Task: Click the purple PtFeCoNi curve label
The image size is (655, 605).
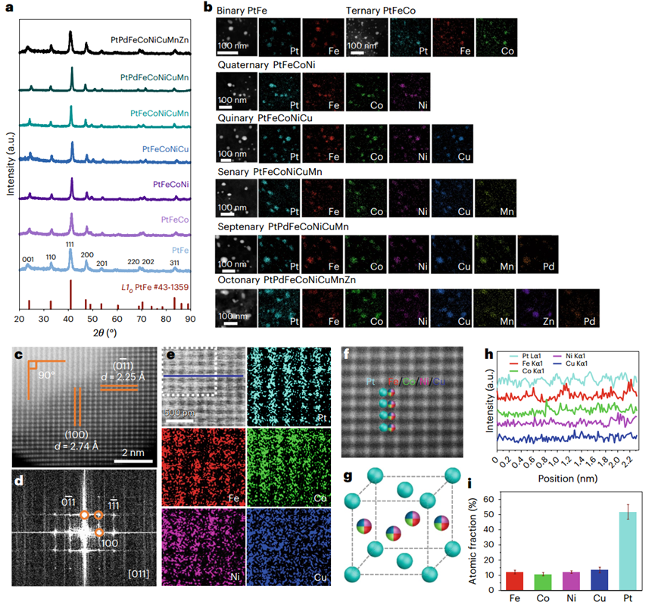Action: pos(170,183)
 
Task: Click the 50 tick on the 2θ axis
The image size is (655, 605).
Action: pos(92,319)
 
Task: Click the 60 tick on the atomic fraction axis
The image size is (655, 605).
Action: pos(488,498)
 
